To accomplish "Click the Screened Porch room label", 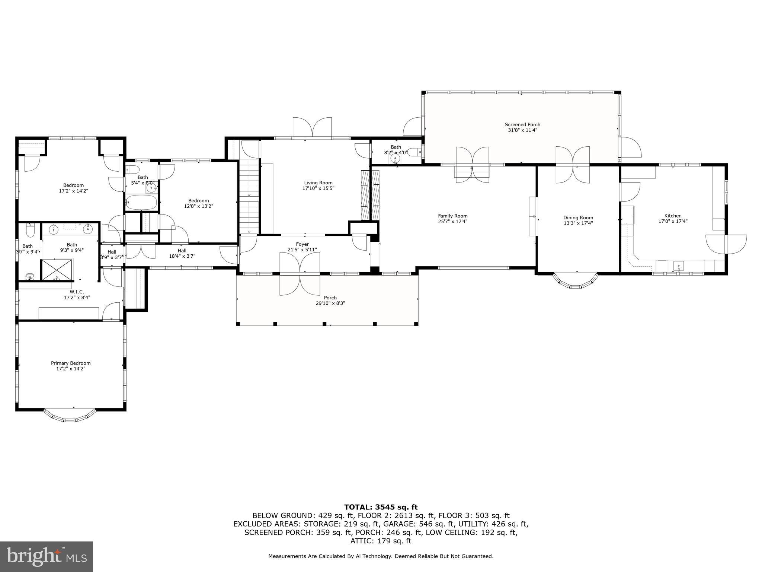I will click(522, 125).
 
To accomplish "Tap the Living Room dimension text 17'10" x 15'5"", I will click(318, 188).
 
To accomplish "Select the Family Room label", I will click(452, 216).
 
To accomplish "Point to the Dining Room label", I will click(578, 218).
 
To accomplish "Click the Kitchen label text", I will click(673, 216).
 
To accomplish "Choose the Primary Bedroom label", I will click(71, 363).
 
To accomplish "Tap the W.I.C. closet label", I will click(77, 292).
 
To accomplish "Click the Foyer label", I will click(302, 244).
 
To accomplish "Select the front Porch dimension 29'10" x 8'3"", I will click(330, 303).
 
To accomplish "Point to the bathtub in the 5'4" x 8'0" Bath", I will click(141, 203).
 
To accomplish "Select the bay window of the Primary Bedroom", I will click(70, 417).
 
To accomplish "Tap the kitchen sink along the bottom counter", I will click(679, 266).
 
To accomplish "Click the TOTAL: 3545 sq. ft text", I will click(381, 507).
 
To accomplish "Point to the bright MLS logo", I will click(47, 557).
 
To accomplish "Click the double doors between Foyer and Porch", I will click(300, 274).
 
